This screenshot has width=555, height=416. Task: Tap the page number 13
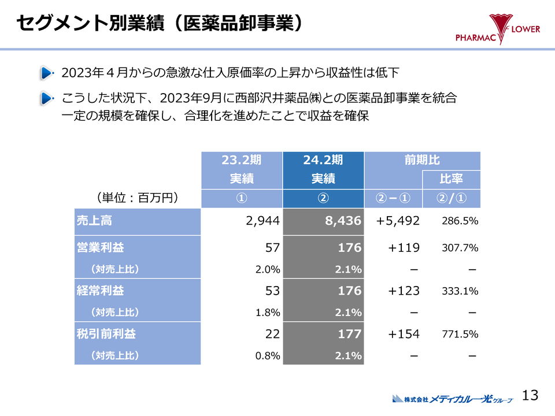click(x=530, y=395)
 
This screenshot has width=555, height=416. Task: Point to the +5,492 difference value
click(x=398, y=221)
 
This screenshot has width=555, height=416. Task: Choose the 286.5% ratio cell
click(x=460, y=221)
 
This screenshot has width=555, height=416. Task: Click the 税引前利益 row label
click(x=106, y=334)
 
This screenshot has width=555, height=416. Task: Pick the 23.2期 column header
click(x=242, y=160)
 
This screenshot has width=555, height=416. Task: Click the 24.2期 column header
click(x=323, y=160)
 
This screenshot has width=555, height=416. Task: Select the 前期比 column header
click(x=422, y=160)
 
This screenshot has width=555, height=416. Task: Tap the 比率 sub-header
click(x=452, y=179)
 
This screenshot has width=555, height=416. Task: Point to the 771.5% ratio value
click(x=460, y=335)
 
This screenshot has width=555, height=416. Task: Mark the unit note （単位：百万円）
click(x=136, y=198)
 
